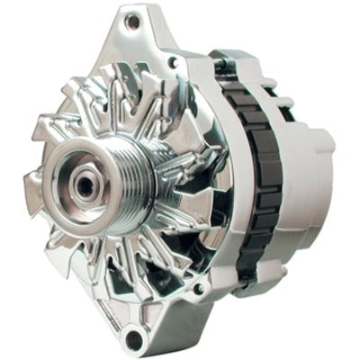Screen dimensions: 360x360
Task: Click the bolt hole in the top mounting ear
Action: (134, 20)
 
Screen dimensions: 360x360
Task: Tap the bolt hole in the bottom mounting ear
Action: (134, 338)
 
